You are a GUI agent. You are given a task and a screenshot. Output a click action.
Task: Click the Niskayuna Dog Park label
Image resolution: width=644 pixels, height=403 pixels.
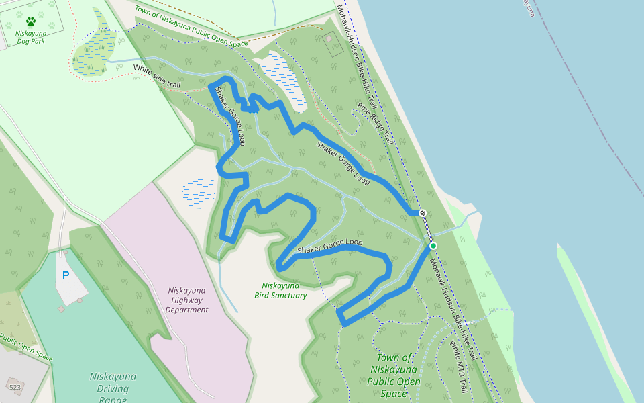click(x=31, y=36)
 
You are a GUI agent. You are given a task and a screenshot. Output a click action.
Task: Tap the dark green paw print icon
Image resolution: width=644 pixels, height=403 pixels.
click(x=30, y=21)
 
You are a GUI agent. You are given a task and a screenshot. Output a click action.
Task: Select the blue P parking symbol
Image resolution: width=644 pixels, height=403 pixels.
click(x=66, y=275)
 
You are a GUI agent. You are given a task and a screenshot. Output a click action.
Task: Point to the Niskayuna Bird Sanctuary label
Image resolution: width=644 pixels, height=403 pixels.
click(x=280, y=290)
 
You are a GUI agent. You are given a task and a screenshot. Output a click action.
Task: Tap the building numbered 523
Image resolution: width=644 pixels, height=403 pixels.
click(x=15, y=388)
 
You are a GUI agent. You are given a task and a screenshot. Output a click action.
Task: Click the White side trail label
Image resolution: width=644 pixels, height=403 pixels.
click(x=157, y=76)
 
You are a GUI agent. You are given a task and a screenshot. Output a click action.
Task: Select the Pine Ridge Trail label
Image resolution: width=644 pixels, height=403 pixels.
click(x=374, y=124)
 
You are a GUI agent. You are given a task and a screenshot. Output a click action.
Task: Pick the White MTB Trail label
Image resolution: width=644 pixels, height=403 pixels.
click(x=459, y=367)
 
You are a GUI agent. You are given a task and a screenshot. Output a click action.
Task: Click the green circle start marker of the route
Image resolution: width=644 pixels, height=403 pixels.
click(x=433, y=246)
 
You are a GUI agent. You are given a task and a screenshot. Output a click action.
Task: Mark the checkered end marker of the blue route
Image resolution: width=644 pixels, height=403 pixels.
click(x=423, y=213)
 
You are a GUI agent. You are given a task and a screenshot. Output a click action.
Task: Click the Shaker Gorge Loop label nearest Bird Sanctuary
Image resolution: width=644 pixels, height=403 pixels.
click(x=329, y=246)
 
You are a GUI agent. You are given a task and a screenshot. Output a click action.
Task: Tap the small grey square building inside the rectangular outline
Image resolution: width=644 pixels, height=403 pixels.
click(x=328, y=38)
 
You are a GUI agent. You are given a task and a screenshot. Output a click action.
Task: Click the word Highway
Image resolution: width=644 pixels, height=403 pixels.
click(x=188, y=300)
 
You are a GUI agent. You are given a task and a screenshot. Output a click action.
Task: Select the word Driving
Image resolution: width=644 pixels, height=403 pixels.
click(x=113, y=389)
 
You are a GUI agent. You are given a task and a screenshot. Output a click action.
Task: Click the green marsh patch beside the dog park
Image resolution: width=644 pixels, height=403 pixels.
click(x=94, y=50)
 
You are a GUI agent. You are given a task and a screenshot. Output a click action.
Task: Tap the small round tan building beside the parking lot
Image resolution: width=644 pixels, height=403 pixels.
click(x=80, y=300)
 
